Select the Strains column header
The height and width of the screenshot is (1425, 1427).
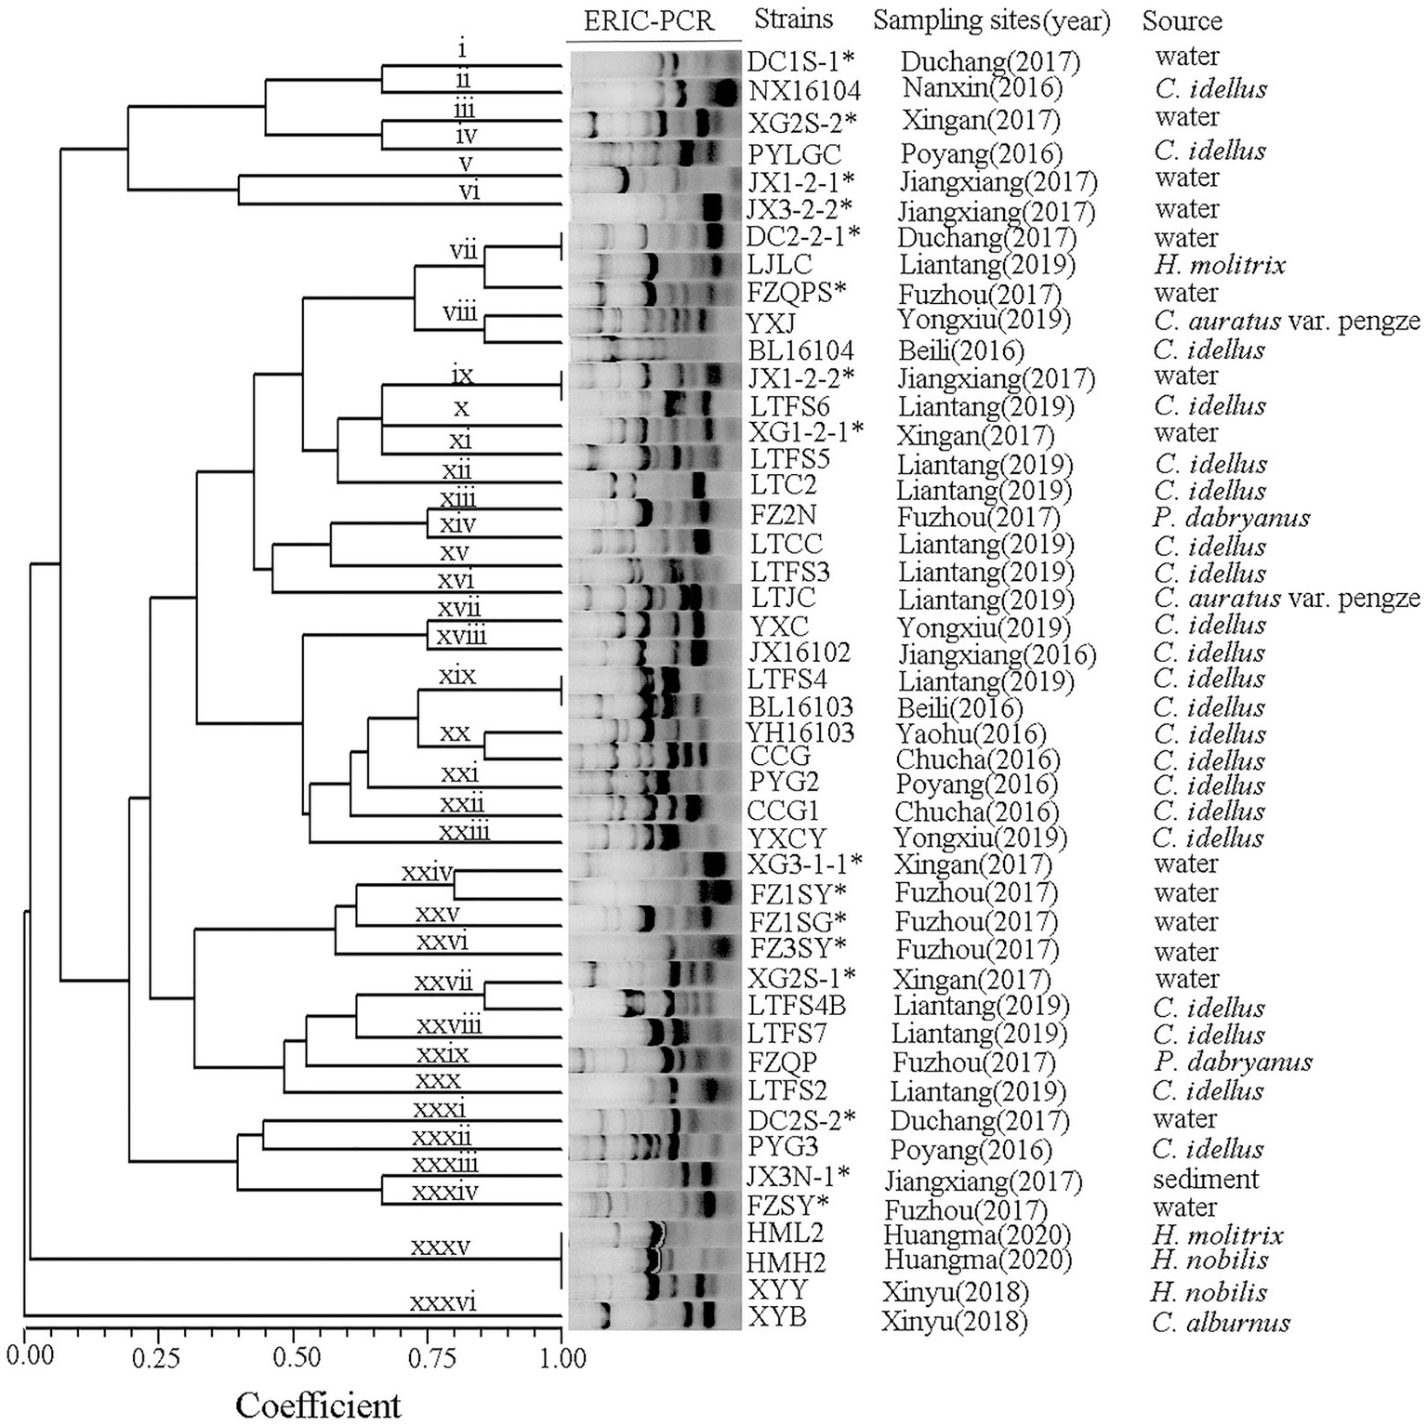point(793,19)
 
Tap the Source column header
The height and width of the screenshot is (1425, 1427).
point(1182,20)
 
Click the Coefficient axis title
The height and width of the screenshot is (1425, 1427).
point(318,1404)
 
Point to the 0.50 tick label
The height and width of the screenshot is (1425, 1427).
point(293,1358)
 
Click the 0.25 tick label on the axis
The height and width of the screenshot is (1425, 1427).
point(155,1358)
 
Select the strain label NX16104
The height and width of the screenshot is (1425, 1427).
point(804,90)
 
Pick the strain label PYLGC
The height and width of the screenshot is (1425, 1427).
point(795,152)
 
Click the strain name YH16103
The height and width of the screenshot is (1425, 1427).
point(801,733)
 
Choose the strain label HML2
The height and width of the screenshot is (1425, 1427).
point(786,1234)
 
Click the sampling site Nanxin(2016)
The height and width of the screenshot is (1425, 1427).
point(983,88)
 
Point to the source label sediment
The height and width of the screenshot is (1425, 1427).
point(1206,1179)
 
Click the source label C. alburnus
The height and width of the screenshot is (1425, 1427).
point(1221,1322)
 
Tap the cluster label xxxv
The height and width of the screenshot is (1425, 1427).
point(441,1246)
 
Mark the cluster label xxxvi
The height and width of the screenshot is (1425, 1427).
point(443,1302)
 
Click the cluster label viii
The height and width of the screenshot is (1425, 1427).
point(460,311)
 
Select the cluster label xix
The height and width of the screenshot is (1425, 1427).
point(456,675)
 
